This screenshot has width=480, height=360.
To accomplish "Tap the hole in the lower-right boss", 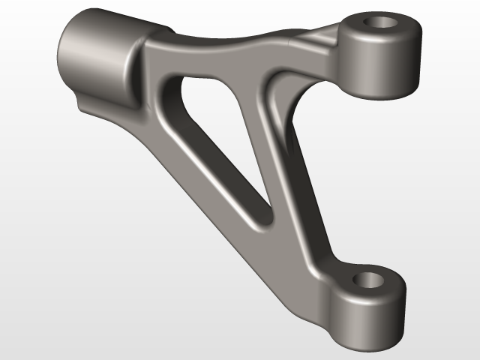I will [x=370, y=281].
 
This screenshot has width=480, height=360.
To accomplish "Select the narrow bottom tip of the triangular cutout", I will [x=262, y=221].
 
